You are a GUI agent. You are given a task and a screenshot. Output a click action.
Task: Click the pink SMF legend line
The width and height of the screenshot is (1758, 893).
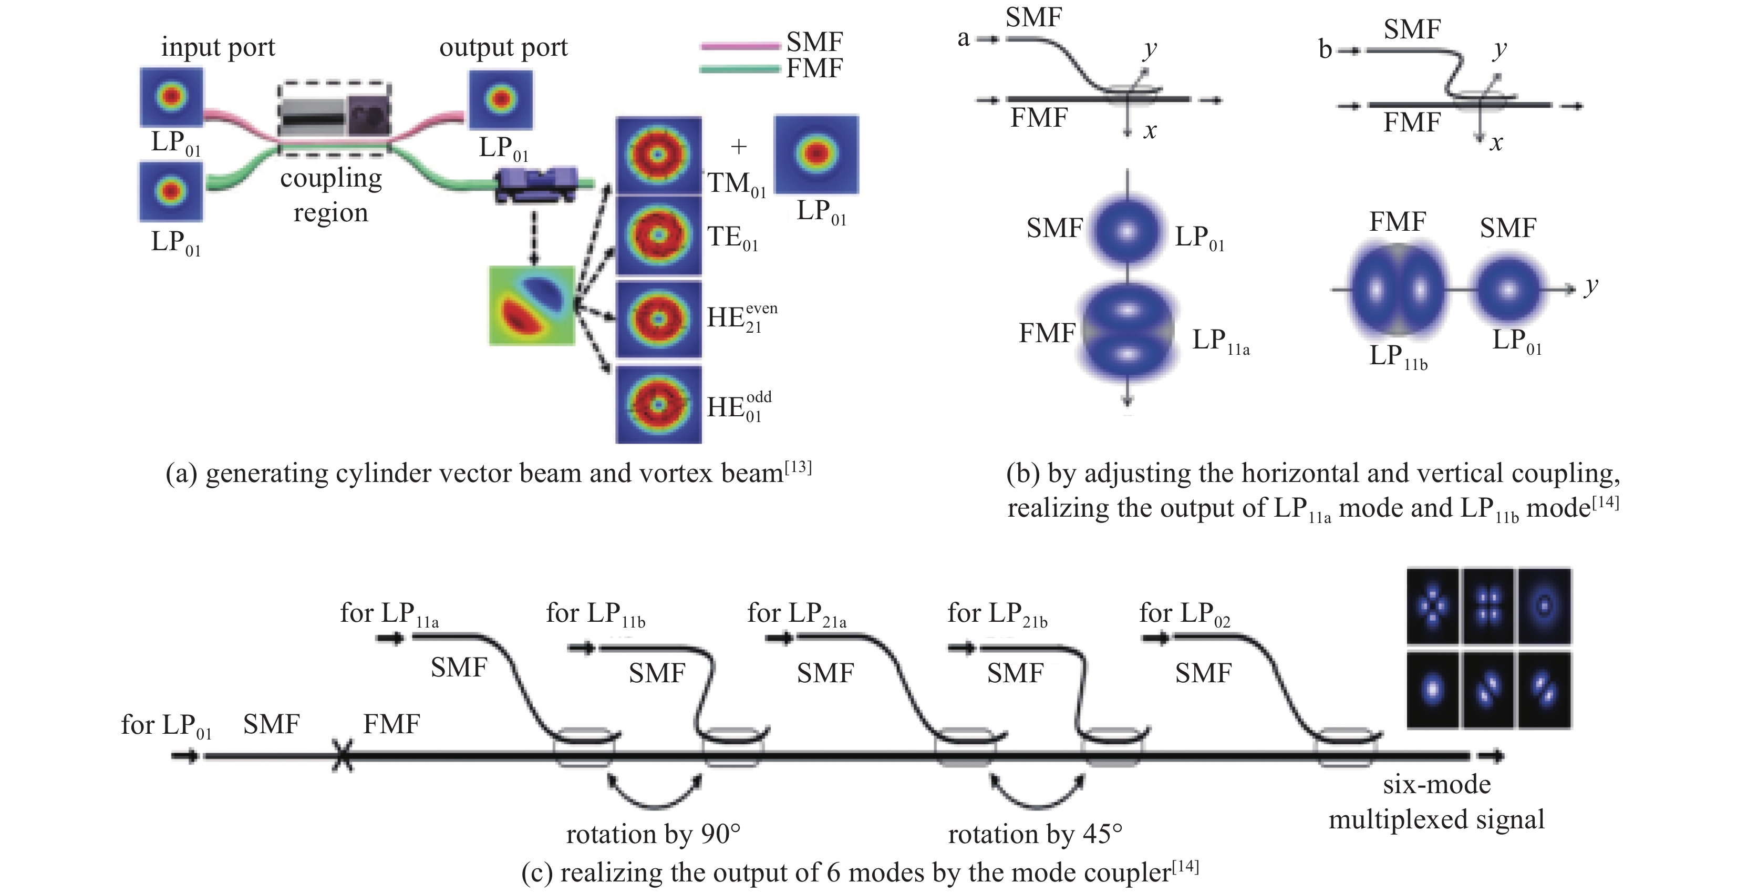pos(740,46)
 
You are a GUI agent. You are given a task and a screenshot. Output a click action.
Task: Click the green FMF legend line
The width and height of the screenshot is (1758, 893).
pos(740,69)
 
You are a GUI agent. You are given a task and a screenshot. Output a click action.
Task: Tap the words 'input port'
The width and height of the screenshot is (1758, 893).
pos(218,48)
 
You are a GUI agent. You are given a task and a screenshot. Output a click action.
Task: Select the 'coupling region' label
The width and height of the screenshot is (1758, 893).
pos(331,194)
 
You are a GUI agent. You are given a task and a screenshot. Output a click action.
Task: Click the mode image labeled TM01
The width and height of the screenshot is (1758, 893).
pos(658,155)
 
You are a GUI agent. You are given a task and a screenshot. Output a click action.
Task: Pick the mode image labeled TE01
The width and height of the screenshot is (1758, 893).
pos(658,235)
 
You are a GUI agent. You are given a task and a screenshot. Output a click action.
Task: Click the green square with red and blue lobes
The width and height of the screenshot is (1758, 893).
pos(532,305)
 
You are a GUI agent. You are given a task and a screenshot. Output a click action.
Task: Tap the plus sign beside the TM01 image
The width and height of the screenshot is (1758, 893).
pos(738,146)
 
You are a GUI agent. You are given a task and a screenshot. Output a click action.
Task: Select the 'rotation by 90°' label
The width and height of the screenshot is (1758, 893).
pos(653,834)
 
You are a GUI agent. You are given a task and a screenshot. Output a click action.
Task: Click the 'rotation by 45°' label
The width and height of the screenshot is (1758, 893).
pos(1035,834)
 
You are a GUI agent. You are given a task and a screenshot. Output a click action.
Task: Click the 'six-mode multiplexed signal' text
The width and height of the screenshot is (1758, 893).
pos(1436,802)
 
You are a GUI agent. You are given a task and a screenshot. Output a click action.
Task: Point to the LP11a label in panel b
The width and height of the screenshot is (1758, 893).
pos(1220,340)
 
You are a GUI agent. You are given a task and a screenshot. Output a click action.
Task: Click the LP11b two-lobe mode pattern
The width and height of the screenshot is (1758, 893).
pos(1397,290)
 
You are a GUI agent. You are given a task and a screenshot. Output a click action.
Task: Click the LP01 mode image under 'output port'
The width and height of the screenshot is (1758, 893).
pos(501,100)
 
